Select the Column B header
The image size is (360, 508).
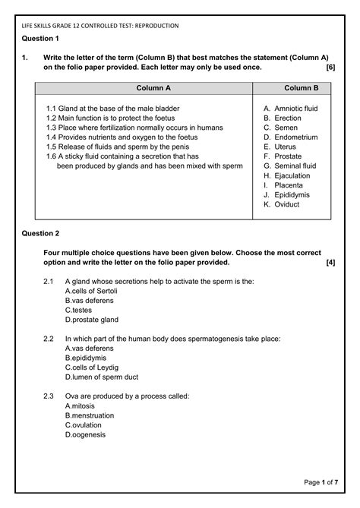point(302,89)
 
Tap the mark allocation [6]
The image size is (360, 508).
point(330,68)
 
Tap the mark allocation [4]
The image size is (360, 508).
point(330,262)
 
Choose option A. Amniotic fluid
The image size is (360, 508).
point(290,109)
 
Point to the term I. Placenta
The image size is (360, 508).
point(283,185)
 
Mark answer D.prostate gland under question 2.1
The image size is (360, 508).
point(92,320)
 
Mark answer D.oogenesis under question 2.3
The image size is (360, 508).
point(86,434)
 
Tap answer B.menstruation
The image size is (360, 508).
point(90,415)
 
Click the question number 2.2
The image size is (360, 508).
point(49,338)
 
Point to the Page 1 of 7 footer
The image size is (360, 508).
point(321,482)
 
